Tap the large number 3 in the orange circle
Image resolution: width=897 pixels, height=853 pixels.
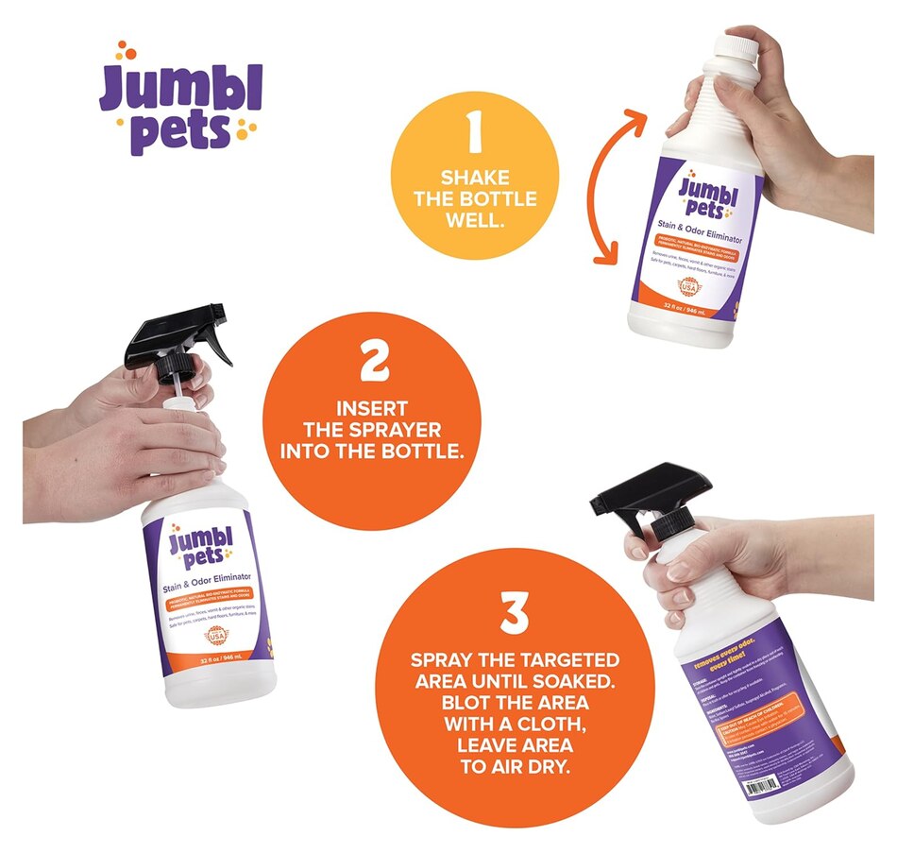[x=514, y=612]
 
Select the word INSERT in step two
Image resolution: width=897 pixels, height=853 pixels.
[x=370, y=409]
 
